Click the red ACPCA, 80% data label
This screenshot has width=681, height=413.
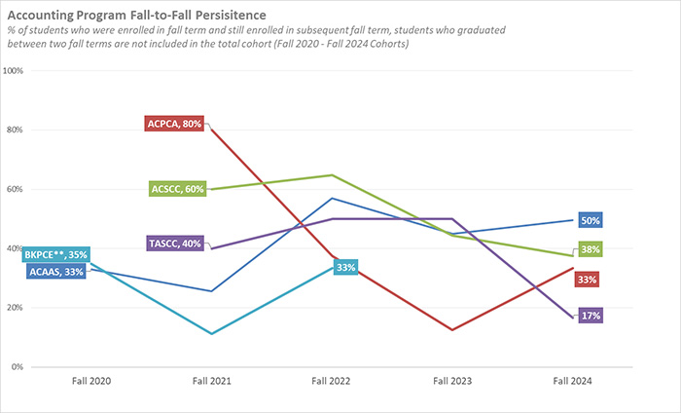coord(175,124)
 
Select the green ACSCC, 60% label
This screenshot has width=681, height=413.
coord(177,189)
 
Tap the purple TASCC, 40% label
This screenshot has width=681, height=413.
coord(176,243)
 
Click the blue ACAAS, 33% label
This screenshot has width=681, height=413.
coord(56,272)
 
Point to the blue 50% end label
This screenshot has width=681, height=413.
coord(590,220)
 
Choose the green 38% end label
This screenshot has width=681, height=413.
coord(590,249)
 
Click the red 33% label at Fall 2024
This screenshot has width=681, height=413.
coord(587,280)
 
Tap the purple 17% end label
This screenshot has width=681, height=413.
coord(590,316)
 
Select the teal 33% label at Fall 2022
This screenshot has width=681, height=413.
coord(345,266)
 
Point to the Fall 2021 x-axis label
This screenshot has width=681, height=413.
coord(212,381)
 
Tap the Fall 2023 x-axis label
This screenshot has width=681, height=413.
coord(452,381)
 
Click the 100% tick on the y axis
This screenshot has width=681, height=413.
coord(14,71)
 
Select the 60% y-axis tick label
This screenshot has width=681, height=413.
coord(16,189)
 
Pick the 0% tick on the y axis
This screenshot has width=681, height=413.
coord(18,367)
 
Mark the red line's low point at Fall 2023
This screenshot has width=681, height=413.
coord(452,329)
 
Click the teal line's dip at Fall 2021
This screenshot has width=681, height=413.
coord(212,334)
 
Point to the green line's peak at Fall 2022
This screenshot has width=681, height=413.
coord(333,175)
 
